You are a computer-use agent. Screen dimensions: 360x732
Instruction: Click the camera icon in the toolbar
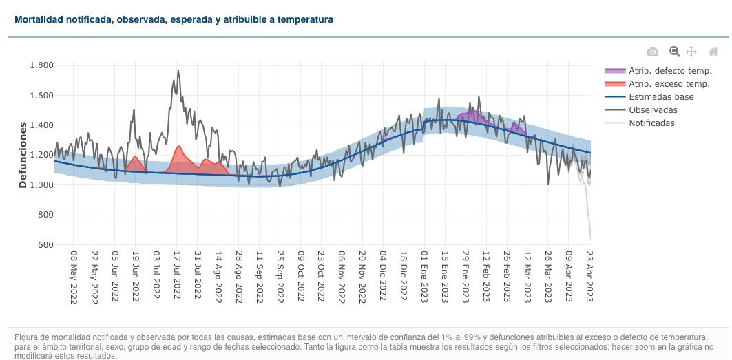pyautogui.click(x=653, y=52)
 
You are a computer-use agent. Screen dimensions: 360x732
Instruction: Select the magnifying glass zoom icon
pyautogui.click(x=674, y=52)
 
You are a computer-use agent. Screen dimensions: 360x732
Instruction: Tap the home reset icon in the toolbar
pyautogui.click(x=713, y=52)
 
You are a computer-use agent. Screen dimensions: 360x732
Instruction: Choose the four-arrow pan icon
pyautogui.click(x=692, y=52)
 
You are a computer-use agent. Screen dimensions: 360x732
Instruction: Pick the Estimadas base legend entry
pyautogui.click(x=661, y=97)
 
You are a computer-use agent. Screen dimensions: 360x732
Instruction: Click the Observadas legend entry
pyautogui.click(x=653, y=110)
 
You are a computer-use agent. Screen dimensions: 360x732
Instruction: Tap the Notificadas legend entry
pyautogui.click(x=651, y=123)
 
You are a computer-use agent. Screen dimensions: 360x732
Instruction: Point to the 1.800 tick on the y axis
pyautogui.click(x=42, y=65)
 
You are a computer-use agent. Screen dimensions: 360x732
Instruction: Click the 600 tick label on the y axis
pyautogui.click(x=46, y=245)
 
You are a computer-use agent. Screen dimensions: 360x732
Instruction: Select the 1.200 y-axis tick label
pyautogui.click(x=42, y=155)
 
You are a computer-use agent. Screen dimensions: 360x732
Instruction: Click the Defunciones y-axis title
pyautogui.click(x=22, y=155)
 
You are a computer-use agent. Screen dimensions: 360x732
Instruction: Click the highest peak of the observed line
pyautogui.click(x=178, y=70)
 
